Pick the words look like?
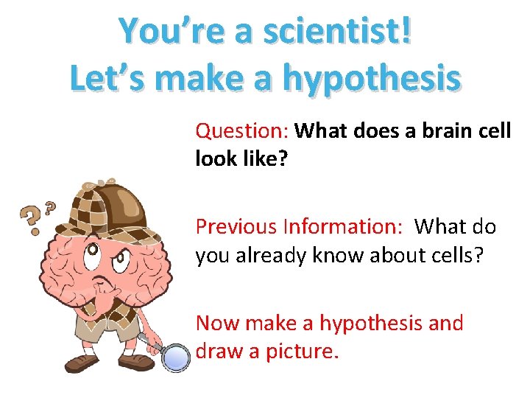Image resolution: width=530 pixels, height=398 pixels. tap(241, 159)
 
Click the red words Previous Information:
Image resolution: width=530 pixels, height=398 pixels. tap(299, 226)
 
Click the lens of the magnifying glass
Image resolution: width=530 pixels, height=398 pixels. tap(175, 357)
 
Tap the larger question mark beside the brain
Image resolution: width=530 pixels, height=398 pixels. tap(30, 217)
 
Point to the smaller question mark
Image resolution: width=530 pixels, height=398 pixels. tap(50, 207)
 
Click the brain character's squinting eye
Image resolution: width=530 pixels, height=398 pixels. tap(119, 257)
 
